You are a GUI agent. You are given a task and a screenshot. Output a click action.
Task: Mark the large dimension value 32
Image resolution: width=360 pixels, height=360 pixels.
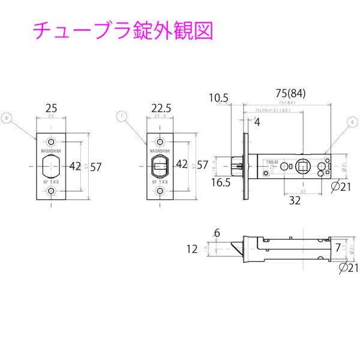(x=294, y=201)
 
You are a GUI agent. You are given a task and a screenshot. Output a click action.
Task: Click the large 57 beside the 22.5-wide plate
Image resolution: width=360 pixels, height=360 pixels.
(x=202, y=164)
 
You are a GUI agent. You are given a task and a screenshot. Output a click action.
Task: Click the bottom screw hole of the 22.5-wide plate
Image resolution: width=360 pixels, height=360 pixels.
(x=160, y=191)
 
